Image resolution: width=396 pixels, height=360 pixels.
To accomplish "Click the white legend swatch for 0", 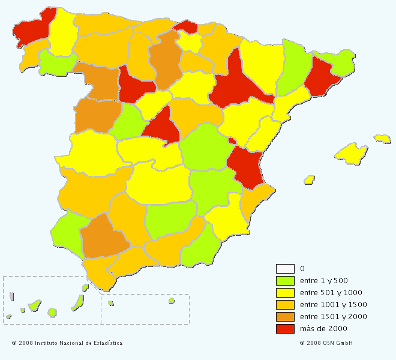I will pyautogui.click(x=284, y=268).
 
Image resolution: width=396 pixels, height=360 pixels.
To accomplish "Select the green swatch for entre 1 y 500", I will pyautogui.click(x=284, y=280).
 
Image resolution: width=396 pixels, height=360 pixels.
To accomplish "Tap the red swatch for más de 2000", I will pyautogui.click(x=284, y=328).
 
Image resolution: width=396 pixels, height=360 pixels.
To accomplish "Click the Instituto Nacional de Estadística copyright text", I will pyautogui.click(x=67, y=343).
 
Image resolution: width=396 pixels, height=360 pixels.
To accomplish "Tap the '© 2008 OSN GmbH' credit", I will pyautogui.click(x=326, y=343).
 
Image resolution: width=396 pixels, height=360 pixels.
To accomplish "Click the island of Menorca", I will pyautogui.click(x=382, y=139).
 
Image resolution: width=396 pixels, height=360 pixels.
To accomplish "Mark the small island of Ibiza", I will pyautogui.click(x=310, y=179).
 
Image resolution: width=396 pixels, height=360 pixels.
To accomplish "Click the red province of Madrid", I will pyautogui.click(x=160, y=127).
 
